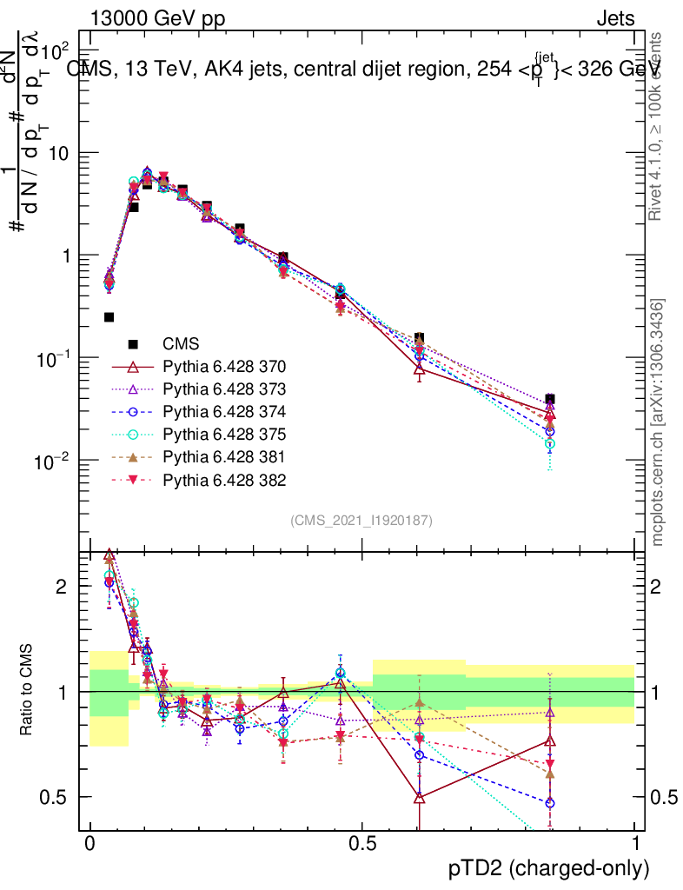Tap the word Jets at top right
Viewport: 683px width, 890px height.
tap(615, 19)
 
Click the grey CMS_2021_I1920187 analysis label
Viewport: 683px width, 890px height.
tap(361, 520)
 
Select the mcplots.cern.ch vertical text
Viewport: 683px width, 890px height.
tap(659, 422)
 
